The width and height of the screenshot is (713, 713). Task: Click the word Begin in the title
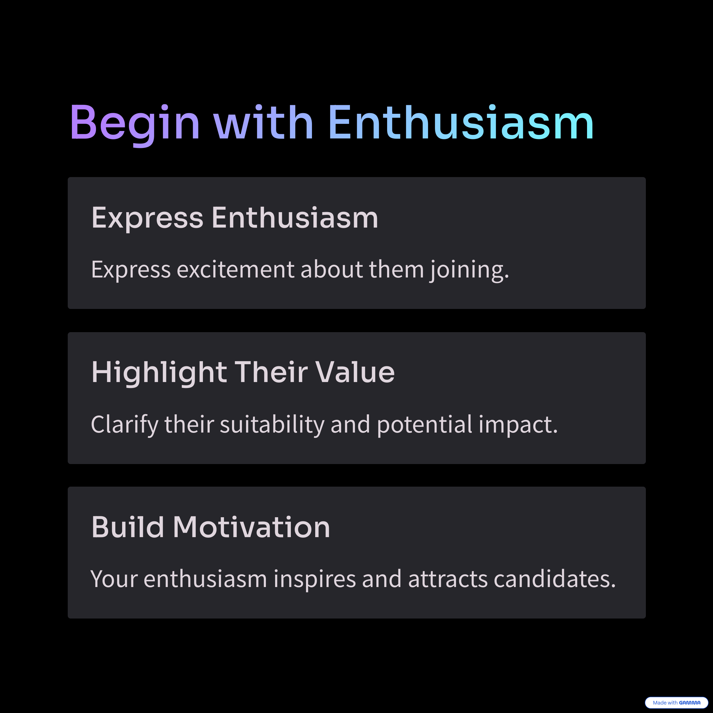[135, 124]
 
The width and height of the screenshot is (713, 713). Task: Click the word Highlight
[159, 373]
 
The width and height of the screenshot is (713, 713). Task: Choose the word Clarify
[124, 425]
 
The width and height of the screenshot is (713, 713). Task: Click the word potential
[425, 425]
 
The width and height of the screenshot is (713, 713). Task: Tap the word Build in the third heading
[128, 527]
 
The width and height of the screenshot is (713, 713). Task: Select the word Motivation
[251, 527]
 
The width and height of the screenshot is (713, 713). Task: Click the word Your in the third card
[114, 579]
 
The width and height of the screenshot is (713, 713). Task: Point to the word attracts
[448, 579]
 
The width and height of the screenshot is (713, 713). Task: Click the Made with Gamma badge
[676, 703]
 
